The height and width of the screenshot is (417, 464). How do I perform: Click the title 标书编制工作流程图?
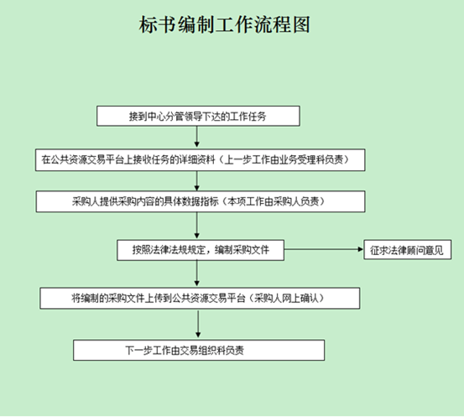coord(225,24)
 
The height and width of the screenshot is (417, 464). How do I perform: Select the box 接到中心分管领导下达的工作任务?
coord(198,116)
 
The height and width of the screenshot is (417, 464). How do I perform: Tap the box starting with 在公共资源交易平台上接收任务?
coord(200,160)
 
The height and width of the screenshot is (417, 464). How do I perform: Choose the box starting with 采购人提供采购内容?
coord(201,201)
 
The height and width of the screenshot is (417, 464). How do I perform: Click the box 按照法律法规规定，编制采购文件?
coord(201,250)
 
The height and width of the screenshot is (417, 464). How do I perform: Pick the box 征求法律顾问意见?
coord(408,250)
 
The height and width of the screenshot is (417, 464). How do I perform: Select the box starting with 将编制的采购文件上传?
coord(200,299)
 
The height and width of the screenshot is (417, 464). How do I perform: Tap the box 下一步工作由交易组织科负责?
coord(199,350)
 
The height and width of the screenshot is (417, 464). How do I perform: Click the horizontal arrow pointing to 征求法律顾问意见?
coord(324,249)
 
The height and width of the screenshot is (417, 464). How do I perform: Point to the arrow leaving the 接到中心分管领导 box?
coord(197,137)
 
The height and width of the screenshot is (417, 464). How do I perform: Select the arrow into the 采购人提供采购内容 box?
coord(197,181)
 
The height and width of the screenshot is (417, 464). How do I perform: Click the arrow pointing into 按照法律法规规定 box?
coord(197,225)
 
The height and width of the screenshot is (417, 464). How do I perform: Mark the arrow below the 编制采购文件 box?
coord(197,274)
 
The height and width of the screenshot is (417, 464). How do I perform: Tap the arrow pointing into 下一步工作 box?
coord(198,324)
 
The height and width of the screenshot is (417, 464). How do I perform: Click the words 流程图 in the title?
coord(282,24)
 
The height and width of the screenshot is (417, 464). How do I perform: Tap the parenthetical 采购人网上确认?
coord(285,298)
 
